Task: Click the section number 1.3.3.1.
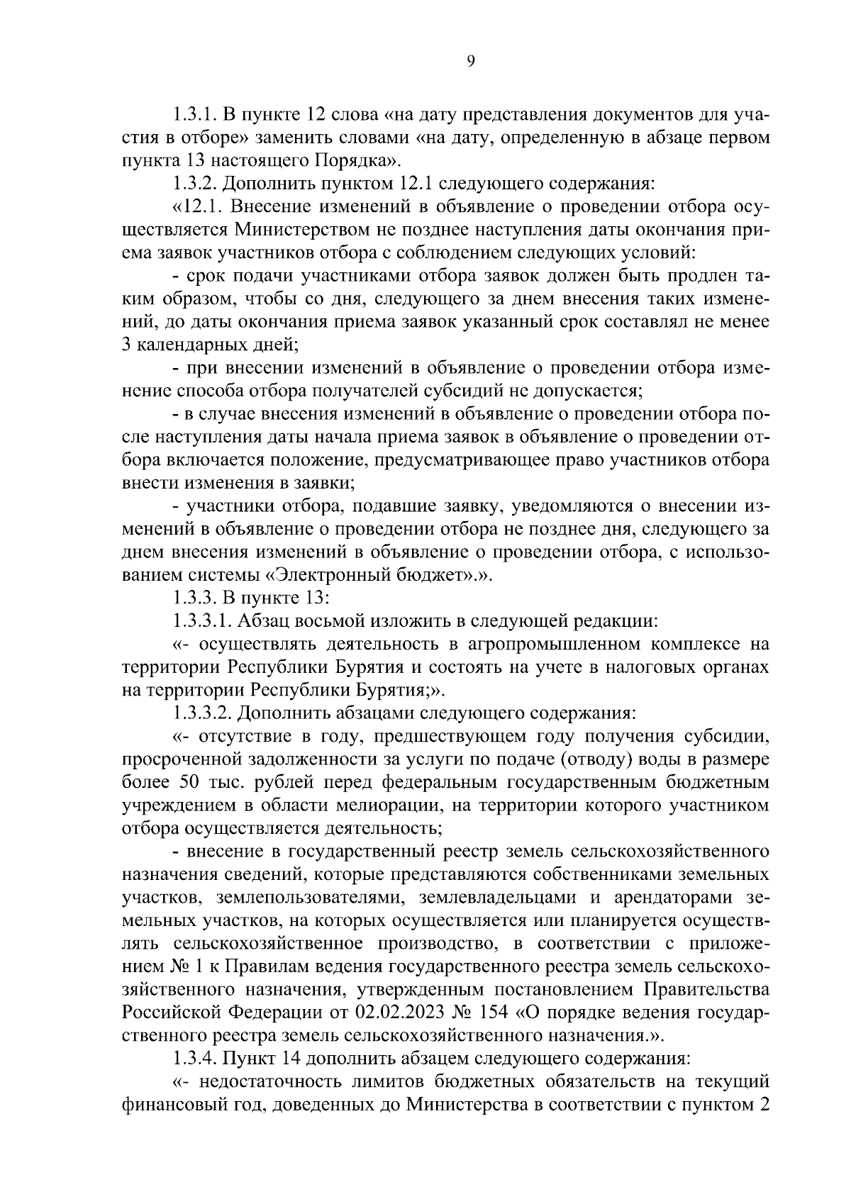[202, 622]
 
